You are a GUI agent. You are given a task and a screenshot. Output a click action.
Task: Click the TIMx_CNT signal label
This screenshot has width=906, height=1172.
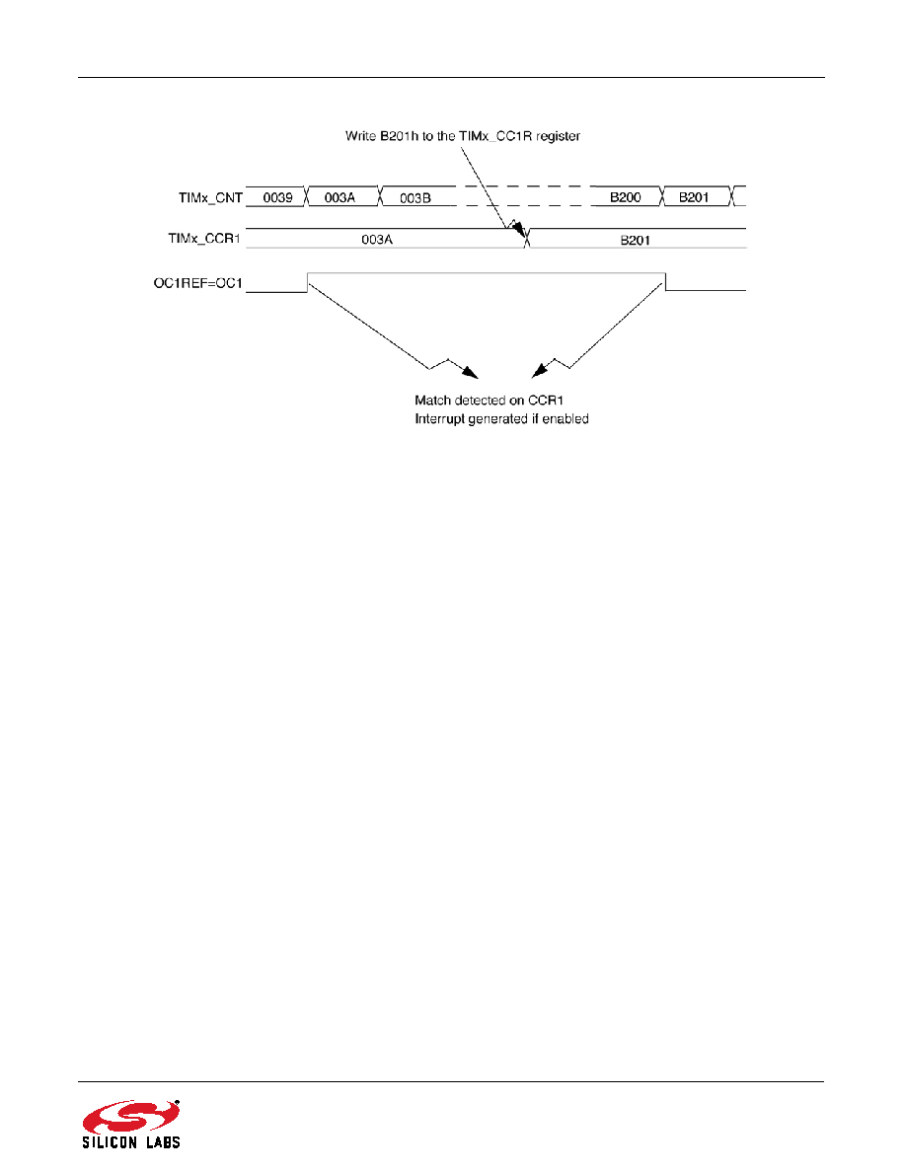(x=211, y=198)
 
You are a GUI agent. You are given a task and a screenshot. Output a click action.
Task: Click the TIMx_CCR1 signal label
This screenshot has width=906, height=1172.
(x=204, y=239)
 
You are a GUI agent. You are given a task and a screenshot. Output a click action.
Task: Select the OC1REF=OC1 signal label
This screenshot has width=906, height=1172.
(x=198, y=283)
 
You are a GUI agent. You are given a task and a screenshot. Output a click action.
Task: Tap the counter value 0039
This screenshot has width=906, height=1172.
(x=277, y=198)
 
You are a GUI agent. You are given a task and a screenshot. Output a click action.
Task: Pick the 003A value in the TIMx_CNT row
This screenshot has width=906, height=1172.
(x=340, y=198)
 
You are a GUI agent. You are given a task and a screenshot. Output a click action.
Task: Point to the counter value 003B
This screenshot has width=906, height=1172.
(x=415, y=198)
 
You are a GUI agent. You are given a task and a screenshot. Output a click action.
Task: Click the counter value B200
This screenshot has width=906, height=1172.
(x=626, y=197)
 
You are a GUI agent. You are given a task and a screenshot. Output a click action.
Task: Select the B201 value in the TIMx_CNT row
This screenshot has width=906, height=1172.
(x=694, y=197)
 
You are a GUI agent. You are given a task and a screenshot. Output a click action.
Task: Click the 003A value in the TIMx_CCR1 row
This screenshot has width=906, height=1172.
(x=377, y=239)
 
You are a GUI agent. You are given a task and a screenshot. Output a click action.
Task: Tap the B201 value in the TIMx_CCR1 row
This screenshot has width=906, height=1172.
(x=636, y=240)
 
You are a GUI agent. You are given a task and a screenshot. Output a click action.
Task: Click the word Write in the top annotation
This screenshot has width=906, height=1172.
(x=360, y=136)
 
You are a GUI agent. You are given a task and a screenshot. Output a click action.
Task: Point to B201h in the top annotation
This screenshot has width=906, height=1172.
(x=399, y=136)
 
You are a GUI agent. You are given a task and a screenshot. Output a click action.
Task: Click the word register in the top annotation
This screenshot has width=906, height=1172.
(x=558, y=136)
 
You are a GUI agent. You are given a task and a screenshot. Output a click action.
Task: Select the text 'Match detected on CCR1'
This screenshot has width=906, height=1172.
(x=489, y=401)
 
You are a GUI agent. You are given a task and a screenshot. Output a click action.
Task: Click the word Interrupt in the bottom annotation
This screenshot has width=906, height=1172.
(x=439, y=419)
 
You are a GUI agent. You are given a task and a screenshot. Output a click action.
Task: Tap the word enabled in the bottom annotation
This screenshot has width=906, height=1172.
(x=566, y=419)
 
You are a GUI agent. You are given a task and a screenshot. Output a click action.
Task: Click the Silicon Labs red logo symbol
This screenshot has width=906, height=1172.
(x=131, y=1118)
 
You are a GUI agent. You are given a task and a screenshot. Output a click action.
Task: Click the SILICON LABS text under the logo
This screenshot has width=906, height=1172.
(x=131, y=1142)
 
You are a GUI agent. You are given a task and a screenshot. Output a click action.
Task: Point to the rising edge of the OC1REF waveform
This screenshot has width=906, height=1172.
(x=307, y=282)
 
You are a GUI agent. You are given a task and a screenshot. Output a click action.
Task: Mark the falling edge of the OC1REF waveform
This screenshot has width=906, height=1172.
(x=665, y=282)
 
